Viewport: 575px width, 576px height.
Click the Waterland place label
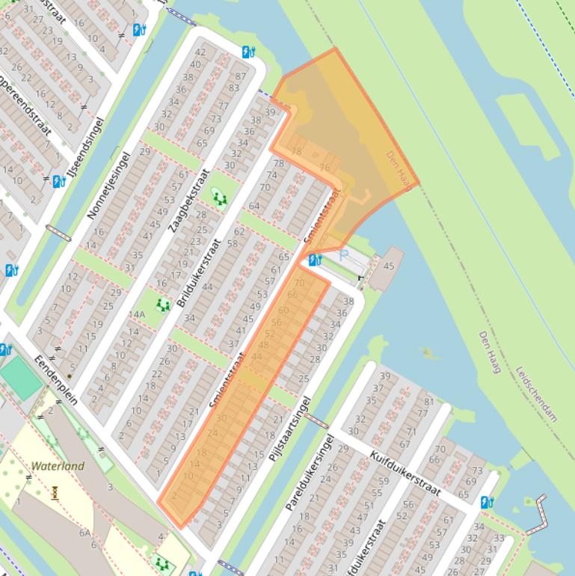pos(58,466)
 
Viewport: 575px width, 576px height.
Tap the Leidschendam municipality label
pos(536,393)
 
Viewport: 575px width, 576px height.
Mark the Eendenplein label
pos(56,381)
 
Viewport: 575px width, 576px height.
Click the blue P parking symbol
pos(343,256)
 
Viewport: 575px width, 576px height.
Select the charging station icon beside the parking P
pos(315,260)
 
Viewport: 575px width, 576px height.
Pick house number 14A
pos(136,314)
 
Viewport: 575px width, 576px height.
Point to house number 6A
pos(86,533)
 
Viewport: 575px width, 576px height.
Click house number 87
pos(240,76)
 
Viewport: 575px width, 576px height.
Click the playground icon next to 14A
pos(162,304)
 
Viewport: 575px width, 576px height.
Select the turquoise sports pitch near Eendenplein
pos(21,379)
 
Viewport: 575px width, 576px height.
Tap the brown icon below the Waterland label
pos(55,492)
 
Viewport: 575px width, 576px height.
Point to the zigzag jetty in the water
pos(537,515)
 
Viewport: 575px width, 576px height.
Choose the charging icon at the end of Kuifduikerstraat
pos(488,502)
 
